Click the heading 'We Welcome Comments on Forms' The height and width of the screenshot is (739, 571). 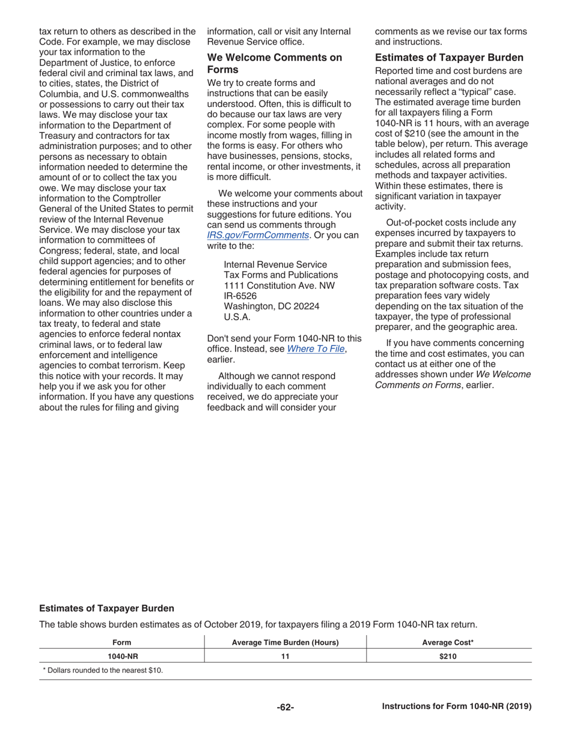click(274, 63)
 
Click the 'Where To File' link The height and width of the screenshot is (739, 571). click(316, 349)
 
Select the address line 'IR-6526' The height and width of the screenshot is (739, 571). click(240, 296)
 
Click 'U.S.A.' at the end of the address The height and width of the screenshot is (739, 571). click(237, 317)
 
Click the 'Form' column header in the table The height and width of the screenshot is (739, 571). click(122, 642)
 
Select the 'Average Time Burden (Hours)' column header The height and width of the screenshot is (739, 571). click(285, 642)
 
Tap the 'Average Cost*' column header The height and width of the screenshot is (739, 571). click(448, 642)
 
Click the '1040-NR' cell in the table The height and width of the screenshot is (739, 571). click(123, 656)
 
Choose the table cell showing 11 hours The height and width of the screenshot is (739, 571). click(285, 656)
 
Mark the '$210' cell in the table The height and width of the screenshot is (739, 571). click(448, 656)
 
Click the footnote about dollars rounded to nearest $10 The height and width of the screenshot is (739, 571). click(102, 670)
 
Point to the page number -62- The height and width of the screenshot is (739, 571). click(285, 707)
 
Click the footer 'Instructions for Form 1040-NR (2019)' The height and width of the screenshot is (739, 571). click(457, 707)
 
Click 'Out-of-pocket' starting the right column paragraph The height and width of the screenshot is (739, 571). click(414, 224)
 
